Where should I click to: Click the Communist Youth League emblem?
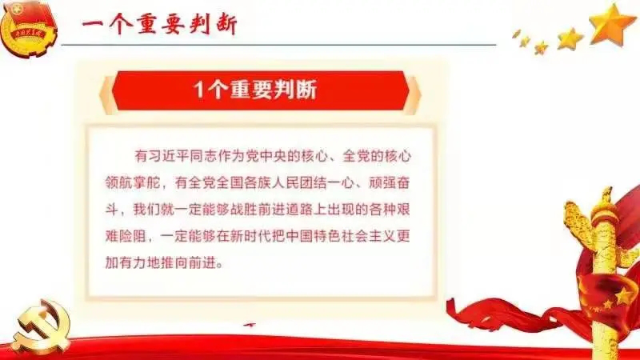coord(28,28)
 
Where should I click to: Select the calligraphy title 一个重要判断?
coord(159,24)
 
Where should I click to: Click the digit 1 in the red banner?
coord(198,89)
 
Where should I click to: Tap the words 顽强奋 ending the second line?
coord(390,183)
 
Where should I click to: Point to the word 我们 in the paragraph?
coord(147,210)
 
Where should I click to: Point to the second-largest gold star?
coord(570,38)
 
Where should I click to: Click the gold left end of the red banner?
coord(108,94)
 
